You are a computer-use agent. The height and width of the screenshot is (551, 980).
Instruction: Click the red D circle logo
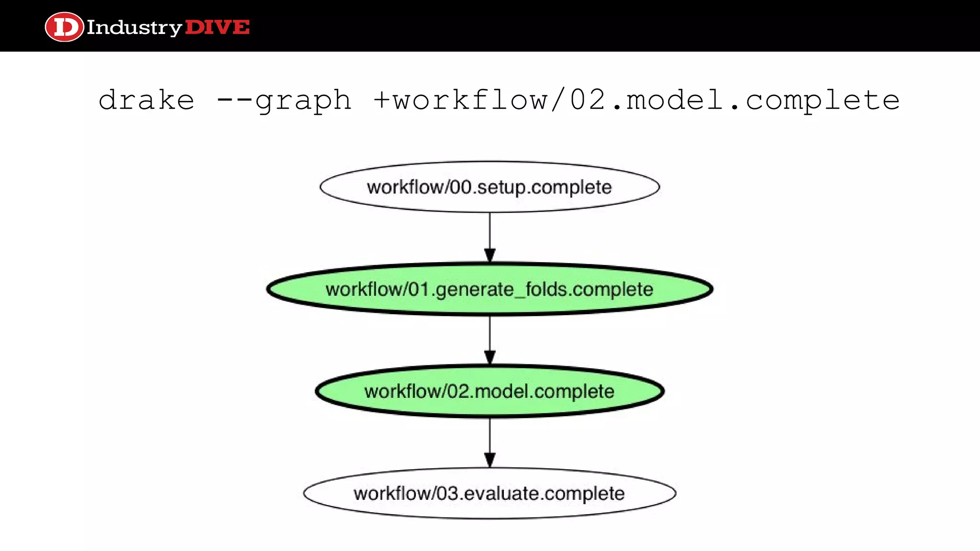(64, 27)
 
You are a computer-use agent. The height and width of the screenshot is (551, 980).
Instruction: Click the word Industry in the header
(134, 28)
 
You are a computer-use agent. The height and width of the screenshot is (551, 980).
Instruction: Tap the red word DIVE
(217, 27)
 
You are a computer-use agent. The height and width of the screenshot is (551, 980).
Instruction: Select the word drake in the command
(146, 100)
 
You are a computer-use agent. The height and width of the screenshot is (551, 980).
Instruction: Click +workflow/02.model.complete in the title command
(636, 100)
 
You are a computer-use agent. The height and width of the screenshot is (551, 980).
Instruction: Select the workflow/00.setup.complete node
(490, 187)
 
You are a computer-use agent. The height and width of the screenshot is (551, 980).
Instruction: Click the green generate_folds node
(490, 289)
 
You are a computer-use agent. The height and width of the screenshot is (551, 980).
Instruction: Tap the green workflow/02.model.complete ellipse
(490, 391)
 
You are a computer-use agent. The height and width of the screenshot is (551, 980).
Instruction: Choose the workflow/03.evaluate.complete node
(490, 493)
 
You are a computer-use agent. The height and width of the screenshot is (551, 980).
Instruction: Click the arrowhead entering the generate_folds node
(490, 255)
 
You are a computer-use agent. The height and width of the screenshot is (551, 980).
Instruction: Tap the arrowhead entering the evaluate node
(490, 460)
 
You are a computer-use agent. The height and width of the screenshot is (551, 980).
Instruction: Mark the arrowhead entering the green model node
(490, 358)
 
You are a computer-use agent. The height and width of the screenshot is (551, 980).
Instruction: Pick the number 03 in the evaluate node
(448, 493)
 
